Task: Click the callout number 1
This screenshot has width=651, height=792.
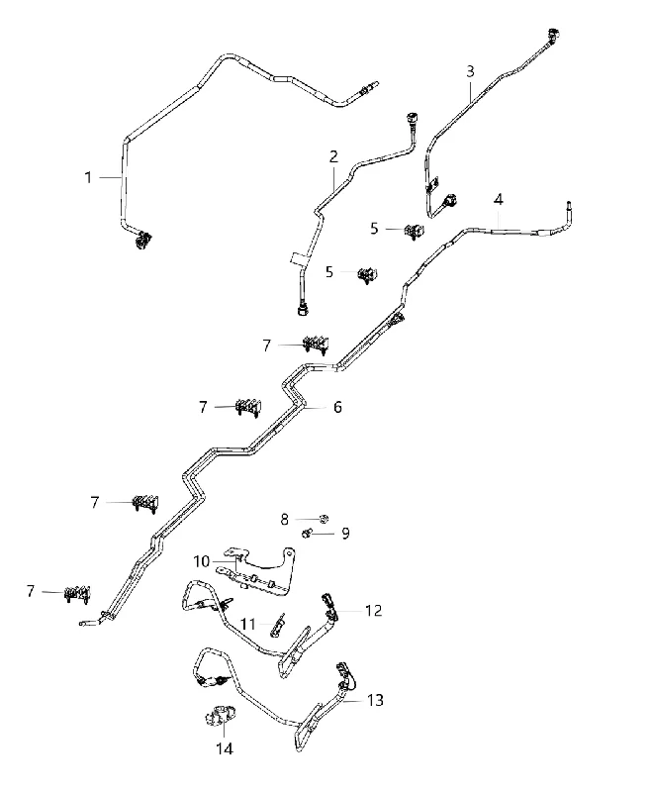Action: [x=88, y=177]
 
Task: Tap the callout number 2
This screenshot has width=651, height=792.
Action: [x=333, y=156]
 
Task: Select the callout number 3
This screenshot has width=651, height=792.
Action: [x=470, y=71]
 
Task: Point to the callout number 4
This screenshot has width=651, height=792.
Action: [x=498, y=200]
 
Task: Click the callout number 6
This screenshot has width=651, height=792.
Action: [x=337, y=407]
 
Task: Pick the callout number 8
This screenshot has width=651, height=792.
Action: [x=285, y=519]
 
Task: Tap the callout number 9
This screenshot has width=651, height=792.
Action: [x=345, y=534]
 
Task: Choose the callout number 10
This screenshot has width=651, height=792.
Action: [x=202, y=561]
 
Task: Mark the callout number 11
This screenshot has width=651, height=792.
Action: [x=247, y=625]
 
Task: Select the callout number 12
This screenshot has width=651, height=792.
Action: [x=373, y=611]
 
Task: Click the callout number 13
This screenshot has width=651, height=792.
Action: [x=375, y=700]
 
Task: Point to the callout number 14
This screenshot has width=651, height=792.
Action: [x=225, y=748]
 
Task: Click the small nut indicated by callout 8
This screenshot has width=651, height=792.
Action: [x=325, y=518]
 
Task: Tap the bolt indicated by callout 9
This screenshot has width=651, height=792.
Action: [x=307, y=533]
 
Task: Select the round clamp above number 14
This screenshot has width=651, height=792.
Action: [x=219, y=717]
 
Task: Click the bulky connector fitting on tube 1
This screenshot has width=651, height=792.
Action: [x=142, y=240]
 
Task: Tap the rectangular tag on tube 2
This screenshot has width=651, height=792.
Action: [x=298, y=258]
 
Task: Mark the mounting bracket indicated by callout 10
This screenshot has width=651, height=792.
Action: [x=256, y=571]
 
